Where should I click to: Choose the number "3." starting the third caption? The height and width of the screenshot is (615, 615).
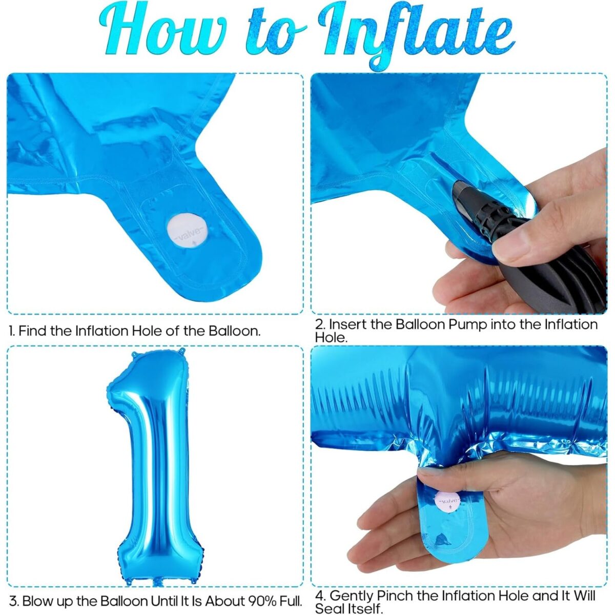14,601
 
